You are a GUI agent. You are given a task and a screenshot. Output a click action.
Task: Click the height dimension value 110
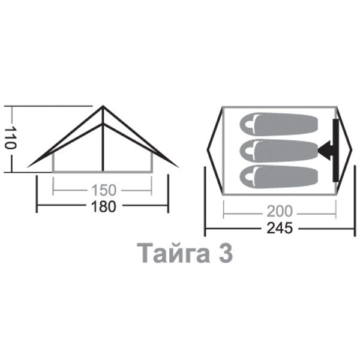point(10,137)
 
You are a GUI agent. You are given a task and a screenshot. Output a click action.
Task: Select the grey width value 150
point(104,190)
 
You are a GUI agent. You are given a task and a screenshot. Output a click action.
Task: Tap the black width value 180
point(104,206)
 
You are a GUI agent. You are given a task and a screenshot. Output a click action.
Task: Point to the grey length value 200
point(280,211)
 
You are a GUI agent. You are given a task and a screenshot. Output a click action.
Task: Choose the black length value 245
point(280,228)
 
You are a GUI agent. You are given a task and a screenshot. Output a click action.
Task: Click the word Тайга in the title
point(173,253)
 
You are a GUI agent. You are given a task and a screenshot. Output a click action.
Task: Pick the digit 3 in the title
point(226,253)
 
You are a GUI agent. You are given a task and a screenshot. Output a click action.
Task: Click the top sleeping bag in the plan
point(279,124)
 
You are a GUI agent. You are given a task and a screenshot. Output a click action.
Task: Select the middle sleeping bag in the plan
point(279,151)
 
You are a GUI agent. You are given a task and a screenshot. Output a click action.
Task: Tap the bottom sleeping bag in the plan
point(279,176)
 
